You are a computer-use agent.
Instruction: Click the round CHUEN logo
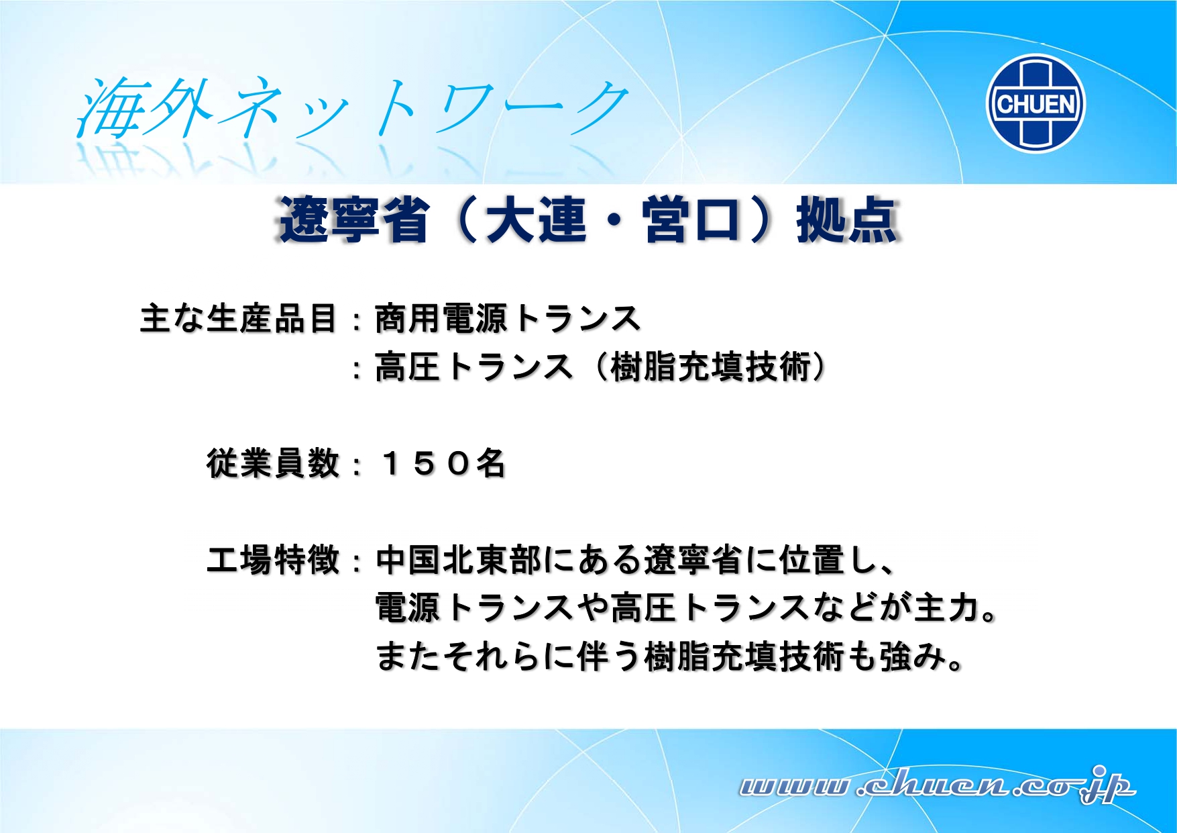1035,104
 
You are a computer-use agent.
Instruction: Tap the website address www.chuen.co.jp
937,785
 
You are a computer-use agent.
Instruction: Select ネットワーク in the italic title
423,107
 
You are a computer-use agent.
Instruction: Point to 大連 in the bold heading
536,219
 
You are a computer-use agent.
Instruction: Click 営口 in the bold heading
691,219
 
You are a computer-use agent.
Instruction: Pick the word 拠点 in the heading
847,219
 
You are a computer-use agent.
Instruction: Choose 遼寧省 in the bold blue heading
353,219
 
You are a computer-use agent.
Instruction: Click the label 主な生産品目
238,318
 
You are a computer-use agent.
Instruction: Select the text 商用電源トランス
508,318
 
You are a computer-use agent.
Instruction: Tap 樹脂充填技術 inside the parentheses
710,367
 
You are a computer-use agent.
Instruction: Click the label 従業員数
273,463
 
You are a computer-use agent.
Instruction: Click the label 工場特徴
273,560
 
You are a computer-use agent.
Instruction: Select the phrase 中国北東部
459,560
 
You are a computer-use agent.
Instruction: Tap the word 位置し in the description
828,560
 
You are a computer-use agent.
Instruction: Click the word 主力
946,608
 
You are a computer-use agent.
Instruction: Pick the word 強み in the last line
913,656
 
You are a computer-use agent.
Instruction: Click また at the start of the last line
408,656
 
